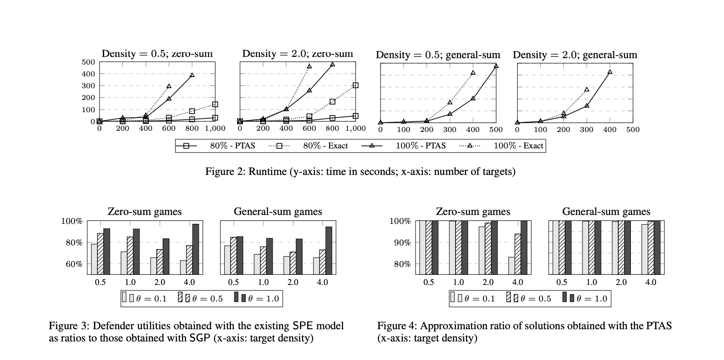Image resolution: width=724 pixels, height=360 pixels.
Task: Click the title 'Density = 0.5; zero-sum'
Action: (157, 54)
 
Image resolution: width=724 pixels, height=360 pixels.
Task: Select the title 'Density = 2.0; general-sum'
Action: (575, 55)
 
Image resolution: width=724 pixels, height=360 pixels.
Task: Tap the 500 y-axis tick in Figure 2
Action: (88, 62)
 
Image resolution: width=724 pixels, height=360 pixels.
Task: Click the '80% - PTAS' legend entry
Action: (232, 146)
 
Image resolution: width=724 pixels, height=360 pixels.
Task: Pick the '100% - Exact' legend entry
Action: (518, 146)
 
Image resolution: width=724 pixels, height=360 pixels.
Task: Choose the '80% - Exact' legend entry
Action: (325, 146)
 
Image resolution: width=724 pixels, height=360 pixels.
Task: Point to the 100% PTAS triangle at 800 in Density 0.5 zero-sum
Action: (192, 75)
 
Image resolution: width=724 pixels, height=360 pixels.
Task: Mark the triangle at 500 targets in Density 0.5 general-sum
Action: (496, 66)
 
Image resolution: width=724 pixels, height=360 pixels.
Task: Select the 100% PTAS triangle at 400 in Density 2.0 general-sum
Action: (610, 72)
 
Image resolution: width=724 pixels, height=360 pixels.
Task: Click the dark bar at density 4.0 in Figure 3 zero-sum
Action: (196, 249)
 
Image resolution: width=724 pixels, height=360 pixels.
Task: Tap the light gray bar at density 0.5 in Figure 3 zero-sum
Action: (94, 259)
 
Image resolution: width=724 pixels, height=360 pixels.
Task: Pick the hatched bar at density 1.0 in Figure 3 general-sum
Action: (263, 260)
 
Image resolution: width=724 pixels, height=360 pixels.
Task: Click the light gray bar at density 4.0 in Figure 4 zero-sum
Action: (511, 266)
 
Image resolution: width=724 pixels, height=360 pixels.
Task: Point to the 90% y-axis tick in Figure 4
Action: (402, 243)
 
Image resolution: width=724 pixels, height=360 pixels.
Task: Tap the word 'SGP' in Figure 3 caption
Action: (200, 339)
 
